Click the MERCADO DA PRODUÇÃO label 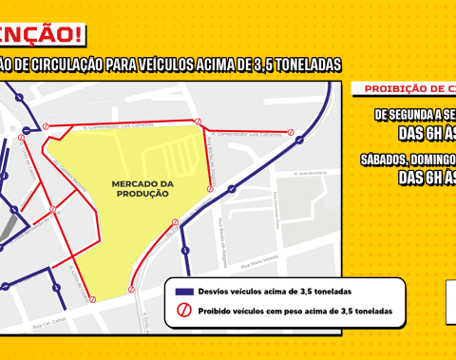tap(140, 188)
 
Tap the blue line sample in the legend tap(180, 291)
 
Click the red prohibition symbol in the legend tap(180, 311)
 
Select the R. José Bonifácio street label tap(306, 174)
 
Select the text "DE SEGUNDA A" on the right tap(414, 115)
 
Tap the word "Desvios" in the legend tap(209, 291)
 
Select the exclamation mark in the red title tap(76, 34)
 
